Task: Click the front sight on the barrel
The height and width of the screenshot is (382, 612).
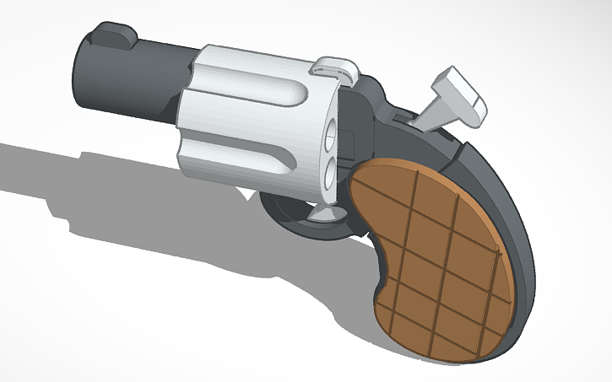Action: pos(115,35)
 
